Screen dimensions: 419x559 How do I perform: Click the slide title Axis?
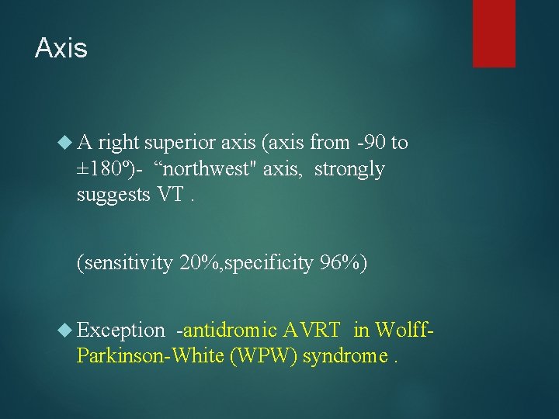coord(61,48)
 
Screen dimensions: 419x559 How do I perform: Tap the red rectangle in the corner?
coord(494,33)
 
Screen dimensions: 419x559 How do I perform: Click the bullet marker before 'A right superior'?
coord(66,143)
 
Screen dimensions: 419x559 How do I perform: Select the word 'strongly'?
coord(349,169)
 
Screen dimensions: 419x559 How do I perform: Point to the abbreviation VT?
coord(170,195)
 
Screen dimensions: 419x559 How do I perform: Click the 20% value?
coord(199,264)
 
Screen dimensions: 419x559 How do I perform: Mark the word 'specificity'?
coord(272,264)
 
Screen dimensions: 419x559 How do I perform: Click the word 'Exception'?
coord(121,331)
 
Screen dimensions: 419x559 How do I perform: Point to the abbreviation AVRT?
coord(311,331)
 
